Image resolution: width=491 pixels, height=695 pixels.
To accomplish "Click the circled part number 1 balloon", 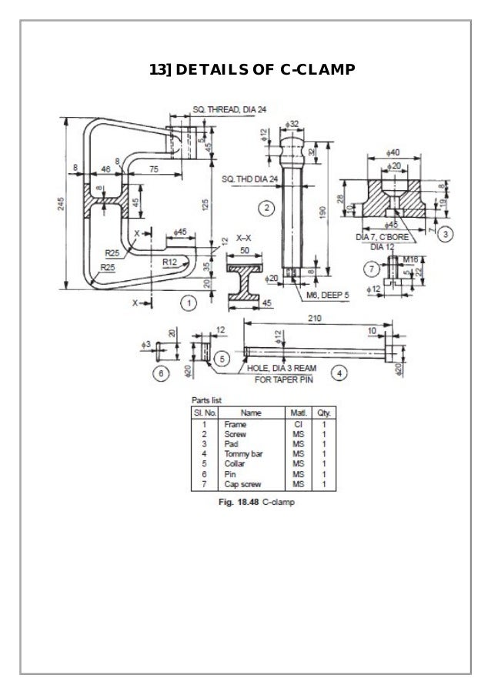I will pos(187,302).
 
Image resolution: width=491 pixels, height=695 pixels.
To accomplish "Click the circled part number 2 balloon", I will pos(265,208).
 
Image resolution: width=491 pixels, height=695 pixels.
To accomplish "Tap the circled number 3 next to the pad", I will pos(446,231).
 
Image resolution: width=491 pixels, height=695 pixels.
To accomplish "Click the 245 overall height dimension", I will pos(60,204).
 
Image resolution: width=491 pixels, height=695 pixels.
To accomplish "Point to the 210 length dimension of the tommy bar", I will pos(314,316).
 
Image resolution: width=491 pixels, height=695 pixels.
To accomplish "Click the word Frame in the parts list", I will pos(234,424).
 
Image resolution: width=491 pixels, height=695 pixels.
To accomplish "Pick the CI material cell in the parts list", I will pos(296,424).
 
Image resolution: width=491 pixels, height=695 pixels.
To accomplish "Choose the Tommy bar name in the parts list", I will pos(241,454).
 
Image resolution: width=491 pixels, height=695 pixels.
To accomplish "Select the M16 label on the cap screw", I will pos(411,261).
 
